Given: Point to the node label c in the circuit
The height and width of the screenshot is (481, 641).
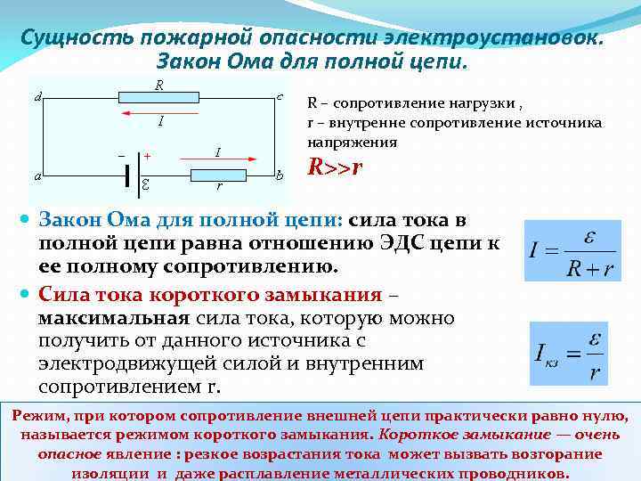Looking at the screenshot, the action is point(280,95).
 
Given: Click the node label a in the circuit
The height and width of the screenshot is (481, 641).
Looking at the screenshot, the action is point(37,176).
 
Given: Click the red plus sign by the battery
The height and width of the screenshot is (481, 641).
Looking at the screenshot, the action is point(147,155).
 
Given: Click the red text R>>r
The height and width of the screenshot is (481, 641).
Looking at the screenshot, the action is point(335,167).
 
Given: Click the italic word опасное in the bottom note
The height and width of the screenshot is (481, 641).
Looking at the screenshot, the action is point(69,454).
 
